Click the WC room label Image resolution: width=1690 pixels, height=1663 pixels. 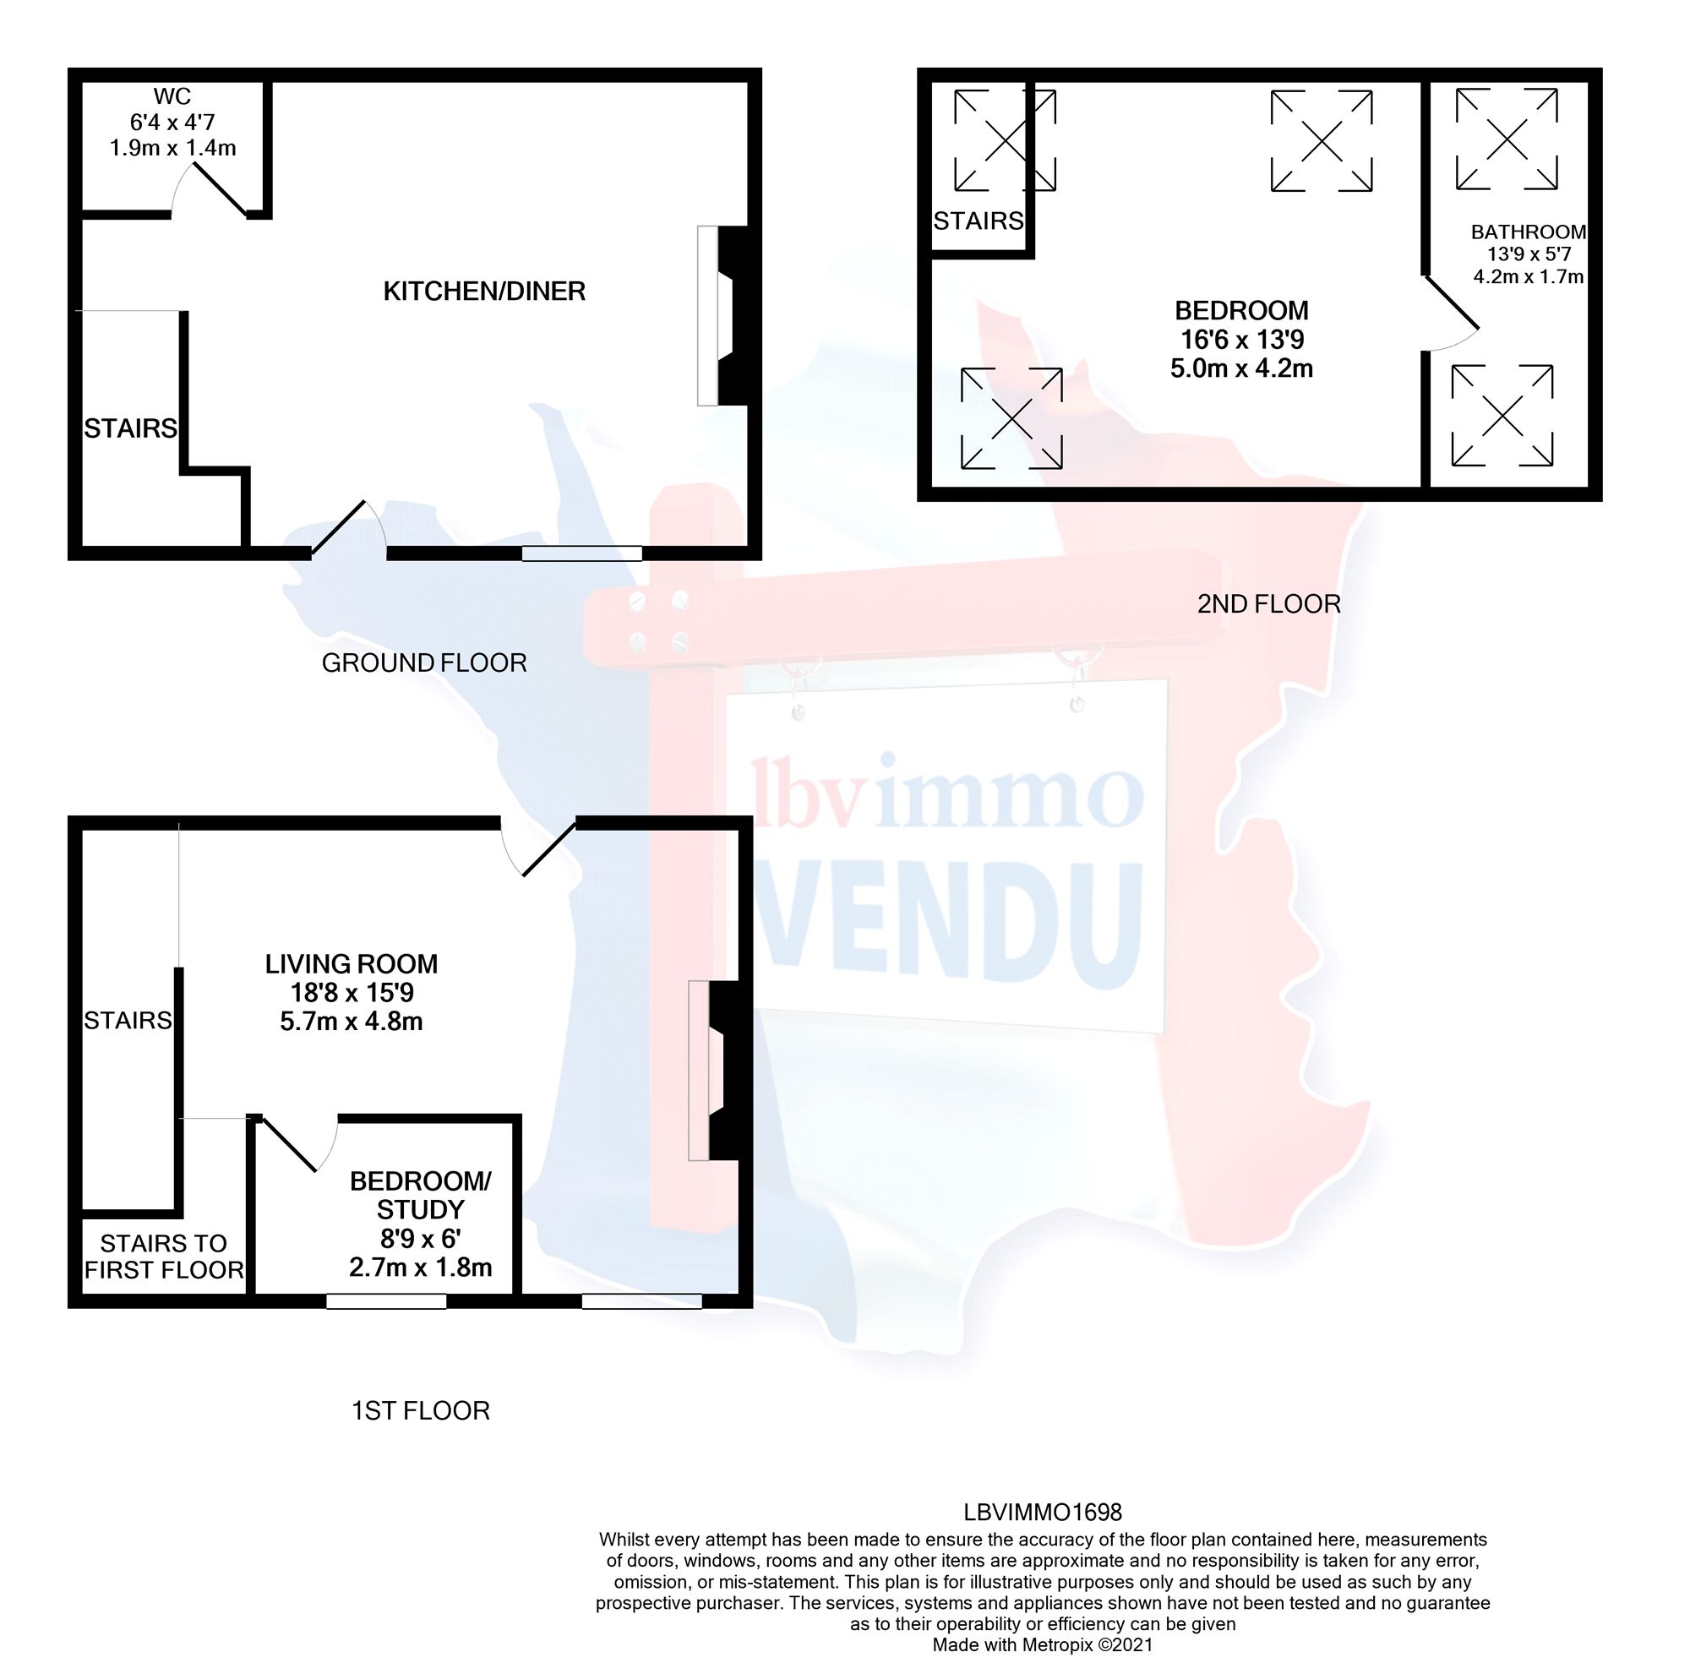[x=172, y=96]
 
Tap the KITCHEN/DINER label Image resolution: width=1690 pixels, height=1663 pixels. [x=484, y=291]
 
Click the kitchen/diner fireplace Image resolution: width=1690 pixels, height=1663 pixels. [x=724, y=315]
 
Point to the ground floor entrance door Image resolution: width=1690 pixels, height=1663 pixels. [x=346, y=527]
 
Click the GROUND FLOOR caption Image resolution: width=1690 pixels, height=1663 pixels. [x=423, y=663]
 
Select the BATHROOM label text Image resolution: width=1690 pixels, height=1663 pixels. [x=1528, y=232]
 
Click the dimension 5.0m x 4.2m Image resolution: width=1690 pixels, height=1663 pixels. [x=1240, y=368]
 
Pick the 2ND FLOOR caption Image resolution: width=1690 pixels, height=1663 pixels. [x=1268, y=603]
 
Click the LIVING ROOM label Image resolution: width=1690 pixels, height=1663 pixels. [x=352, y=963]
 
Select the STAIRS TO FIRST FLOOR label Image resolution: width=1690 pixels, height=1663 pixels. [x=163, y=1256]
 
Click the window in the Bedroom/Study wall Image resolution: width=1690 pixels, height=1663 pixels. [x=386, y=1301]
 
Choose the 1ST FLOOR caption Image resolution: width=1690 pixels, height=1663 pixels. [x=420, y=1410]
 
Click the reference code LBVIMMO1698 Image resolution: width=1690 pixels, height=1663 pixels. [x=1042, y=1512]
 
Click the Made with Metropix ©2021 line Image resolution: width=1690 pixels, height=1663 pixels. [x=1042, y=1644]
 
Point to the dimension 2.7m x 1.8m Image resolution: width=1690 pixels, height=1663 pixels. [x=420, y=1267]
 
